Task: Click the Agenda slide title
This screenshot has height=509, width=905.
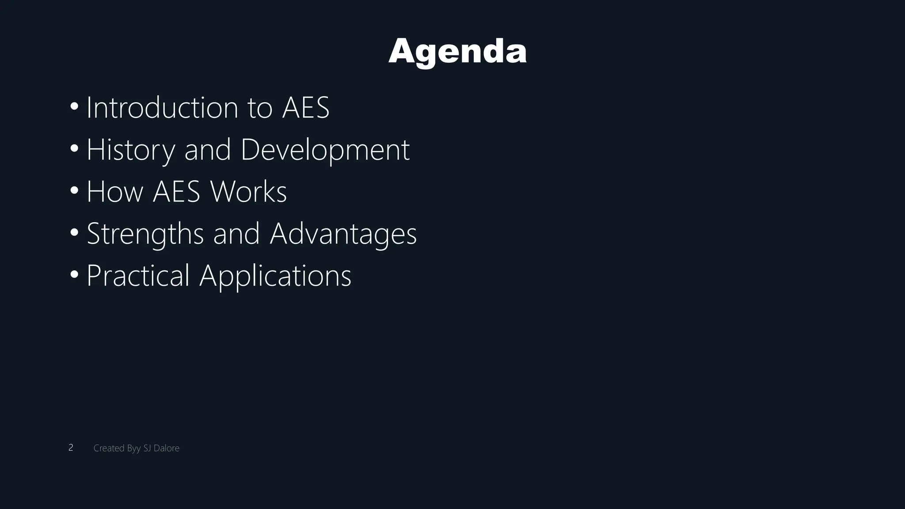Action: click(x=457, y=51)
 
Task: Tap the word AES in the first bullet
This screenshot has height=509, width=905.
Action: click(x=306, y=107)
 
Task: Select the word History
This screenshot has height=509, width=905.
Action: click(x=131, y=150)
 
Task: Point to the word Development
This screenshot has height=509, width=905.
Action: click(x=325, y=150)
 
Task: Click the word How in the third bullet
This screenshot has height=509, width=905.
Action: click(x=115, y=192)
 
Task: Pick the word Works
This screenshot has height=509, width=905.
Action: click(x=248, y=192)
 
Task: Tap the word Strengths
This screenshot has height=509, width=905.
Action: click(x=145, y=234)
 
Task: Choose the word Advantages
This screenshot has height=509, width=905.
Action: click(x=343, y=234)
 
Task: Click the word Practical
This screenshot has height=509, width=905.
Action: click(x=138, y=276)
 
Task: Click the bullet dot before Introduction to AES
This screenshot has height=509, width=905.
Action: click(x=74, y=106)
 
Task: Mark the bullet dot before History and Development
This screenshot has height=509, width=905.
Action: click(x=74, y=148)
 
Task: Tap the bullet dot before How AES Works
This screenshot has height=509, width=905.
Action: click(x=74, y=190)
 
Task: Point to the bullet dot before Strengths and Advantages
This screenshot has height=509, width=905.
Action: click(x=74, y=232)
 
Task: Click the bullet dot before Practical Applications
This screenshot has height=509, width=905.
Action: click(x=74, y=274)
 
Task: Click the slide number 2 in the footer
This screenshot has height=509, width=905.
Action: click(x=71, y=448)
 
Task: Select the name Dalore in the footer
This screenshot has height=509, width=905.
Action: click(x=167, y=448)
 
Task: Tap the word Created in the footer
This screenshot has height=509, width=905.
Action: click(x=109, y=448)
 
